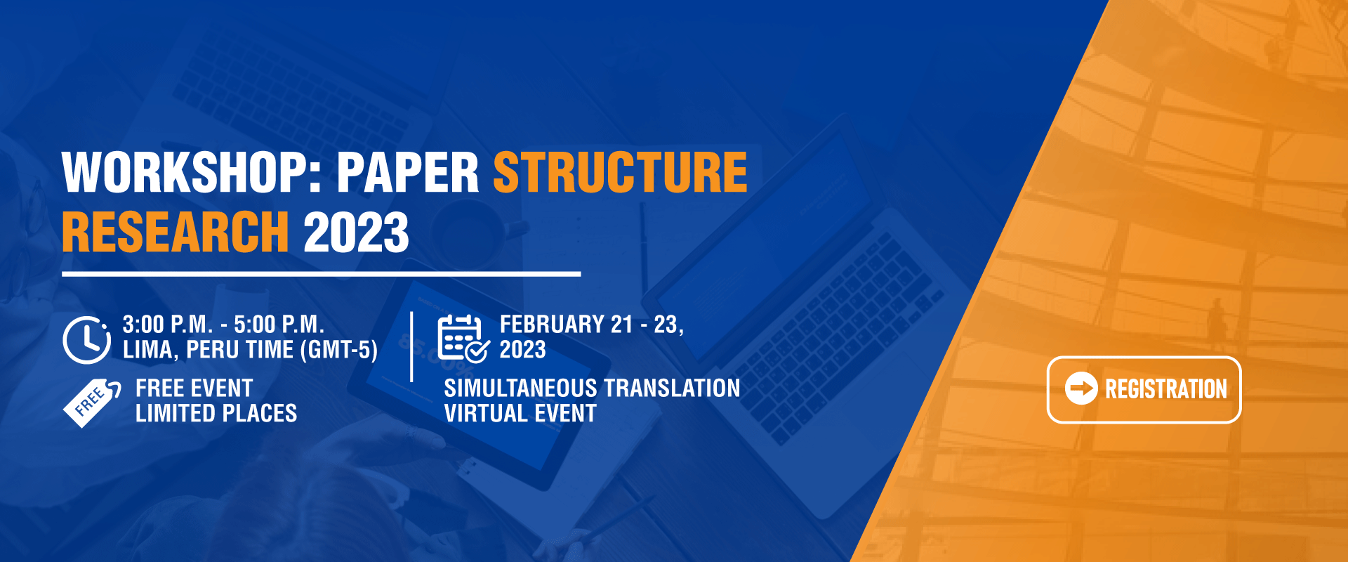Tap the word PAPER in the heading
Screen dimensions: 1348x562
pos(408,172)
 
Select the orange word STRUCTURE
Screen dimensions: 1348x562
pos(621,172)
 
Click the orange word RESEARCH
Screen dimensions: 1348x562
pos(176,232)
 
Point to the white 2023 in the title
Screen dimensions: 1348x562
pos(356,232)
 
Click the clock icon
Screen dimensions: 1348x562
pos(86,340)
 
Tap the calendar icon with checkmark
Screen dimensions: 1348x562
pos(463,339)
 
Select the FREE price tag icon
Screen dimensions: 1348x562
pos(92,402)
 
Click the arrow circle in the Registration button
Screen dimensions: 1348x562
pos(1081,388)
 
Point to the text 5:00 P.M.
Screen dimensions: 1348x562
pos(279,325)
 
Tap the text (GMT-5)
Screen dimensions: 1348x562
pos(339,350)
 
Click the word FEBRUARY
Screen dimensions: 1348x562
pos(552,325)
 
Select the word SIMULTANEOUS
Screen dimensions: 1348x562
pos(520,388)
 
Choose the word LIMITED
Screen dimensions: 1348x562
pos(179,414)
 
